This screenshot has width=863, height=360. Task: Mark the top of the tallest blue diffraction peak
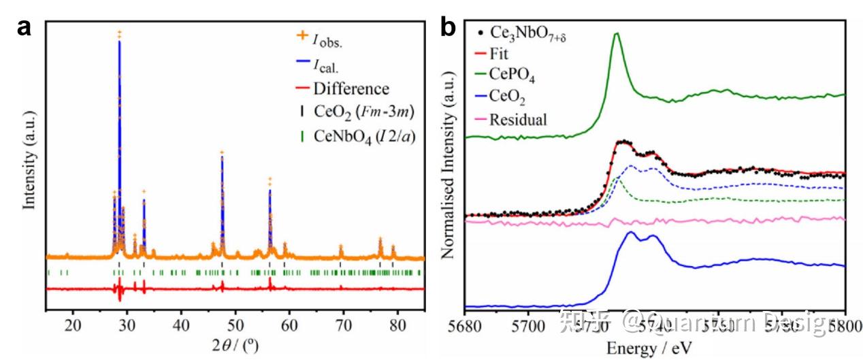120,42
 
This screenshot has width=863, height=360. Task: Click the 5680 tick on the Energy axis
464,328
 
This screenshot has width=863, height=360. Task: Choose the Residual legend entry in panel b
518,120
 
